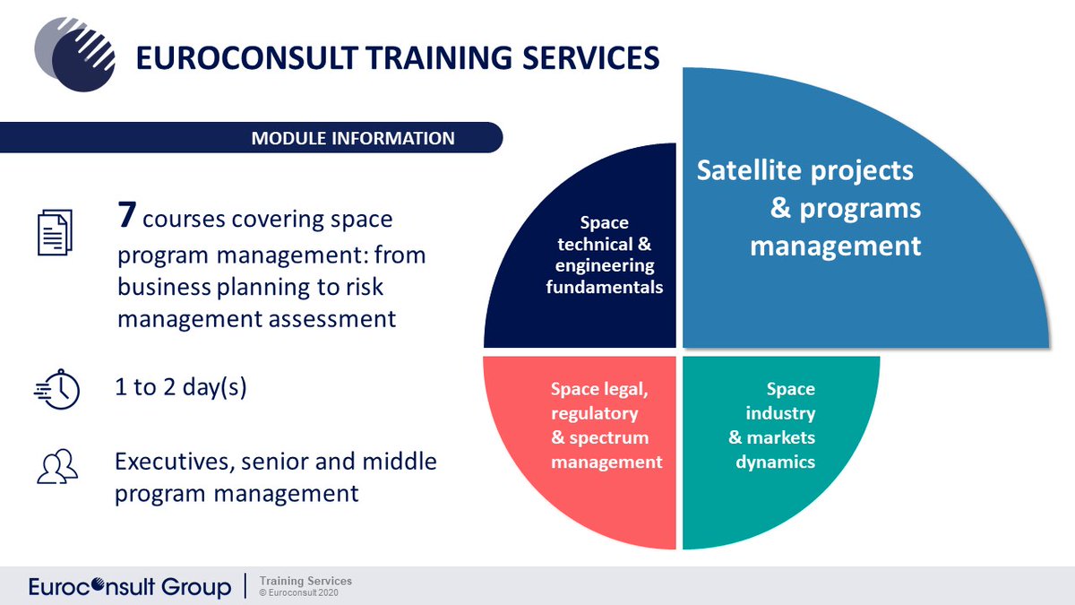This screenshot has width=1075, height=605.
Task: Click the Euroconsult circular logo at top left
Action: pyautogui.click(x=75, y=55)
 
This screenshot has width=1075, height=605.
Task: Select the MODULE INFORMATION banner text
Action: pyautogui.click(x=353, y=139)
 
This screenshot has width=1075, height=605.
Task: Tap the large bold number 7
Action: pyautogui.click(x=128, y=216)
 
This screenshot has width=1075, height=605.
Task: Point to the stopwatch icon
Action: pyautogui.click(x=58, y=389)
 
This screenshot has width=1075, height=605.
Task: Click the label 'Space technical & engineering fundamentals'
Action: pyautogui.click(x=604, y=255)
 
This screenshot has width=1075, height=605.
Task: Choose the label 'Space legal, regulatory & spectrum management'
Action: pyautogui.click(x=606, y=426)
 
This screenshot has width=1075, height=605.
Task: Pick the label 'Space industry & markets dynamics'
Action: pyautogui.click(x=771, y=426)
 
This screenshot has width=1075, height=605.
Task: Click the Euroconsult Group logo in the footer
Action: pyautogui.click(x=129, y=587)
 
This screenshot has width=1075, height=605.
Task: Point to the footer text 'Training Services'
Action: pyautogui.click(x=305, y=581)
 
